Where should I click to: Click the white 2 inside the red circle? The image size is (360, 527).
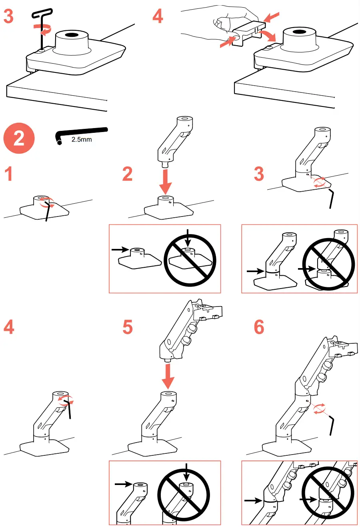coord(19,138)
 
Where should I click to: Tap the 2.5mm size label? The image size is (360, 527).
coord(82,140)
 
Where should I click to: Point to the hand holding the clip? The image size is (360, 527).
coord(224,24)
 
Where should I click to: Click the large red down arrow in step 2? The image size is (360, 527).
coord(165,182)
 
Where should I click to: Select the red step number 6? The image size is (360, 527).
coord(259,327)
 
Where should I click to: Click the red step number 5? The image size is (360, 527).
coord(127,327)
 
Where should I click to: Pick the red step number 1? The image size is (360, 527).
coord(8,174)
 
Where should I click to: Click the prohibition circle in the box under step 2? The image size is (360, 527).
coord(190,260)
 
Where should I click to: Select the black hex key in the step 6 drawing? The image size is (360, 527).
coord(332,425)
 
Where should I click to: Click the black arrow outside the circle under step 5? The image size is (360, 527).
coord(123,484)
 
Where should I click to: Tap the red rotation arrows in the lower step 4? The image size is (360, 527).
coord(64,400)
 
